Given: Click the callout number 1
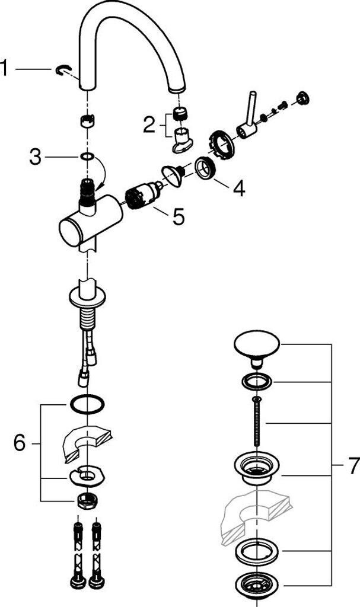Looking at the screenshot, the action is pos(4,68).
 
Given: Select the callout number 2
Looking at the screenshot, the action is pos(149,124).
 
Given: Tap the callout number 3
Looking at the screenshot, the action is pos(35,157).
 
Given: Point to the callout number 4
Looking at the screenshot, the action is pos(238,188).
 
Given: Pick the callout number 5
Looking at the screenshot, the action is pos(179,216).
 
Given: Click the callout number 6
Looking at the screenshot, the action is pos(20,442).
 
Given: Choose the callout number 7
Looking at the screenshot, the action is pos(352,466).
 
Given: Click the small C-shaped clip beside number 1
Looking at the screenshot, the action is pos(63,70).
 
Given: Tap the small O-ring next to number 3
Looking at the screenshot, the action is pos(87,156).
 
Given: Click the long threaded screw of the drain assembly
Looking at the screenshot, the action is pos(257,422).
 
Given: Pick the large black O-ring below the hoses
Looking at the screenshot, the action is pos(88,405).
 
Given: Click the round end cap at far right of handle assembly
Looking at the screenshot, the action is pos(302,98).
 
